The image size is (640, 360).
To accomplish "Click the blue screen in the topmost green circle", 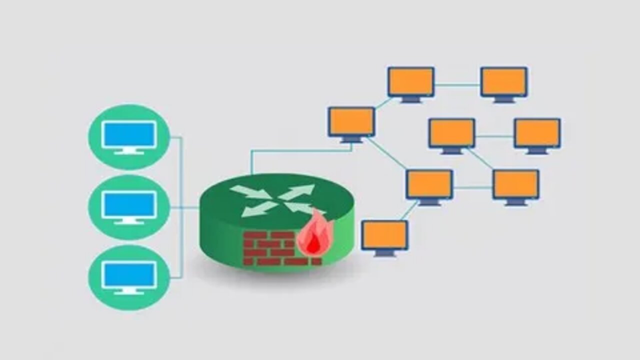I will click(129, 134).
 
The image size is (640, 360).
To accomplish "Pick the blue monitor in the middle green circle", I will click(129, 204).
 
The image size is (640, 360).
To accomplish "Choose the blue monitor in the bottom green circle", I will click(129, 274).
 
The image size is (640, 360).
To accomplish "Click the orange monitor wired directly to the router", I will click(351, 121).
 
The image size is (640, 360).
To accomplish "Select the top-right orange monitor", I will click(504, 81).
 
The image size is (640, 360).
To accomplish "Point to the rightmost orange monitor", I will click(537, 133).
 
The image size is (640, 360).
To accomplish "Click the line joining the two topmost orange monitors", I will click(457, 84).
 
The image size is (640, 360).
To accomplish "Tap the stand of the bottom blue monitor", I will click(129, 291).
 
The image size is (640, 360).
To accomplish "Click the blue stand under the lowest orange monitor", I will click(384, 253).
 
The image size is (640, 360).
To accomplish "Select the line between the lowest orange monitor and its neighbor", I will click(409, 210).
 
